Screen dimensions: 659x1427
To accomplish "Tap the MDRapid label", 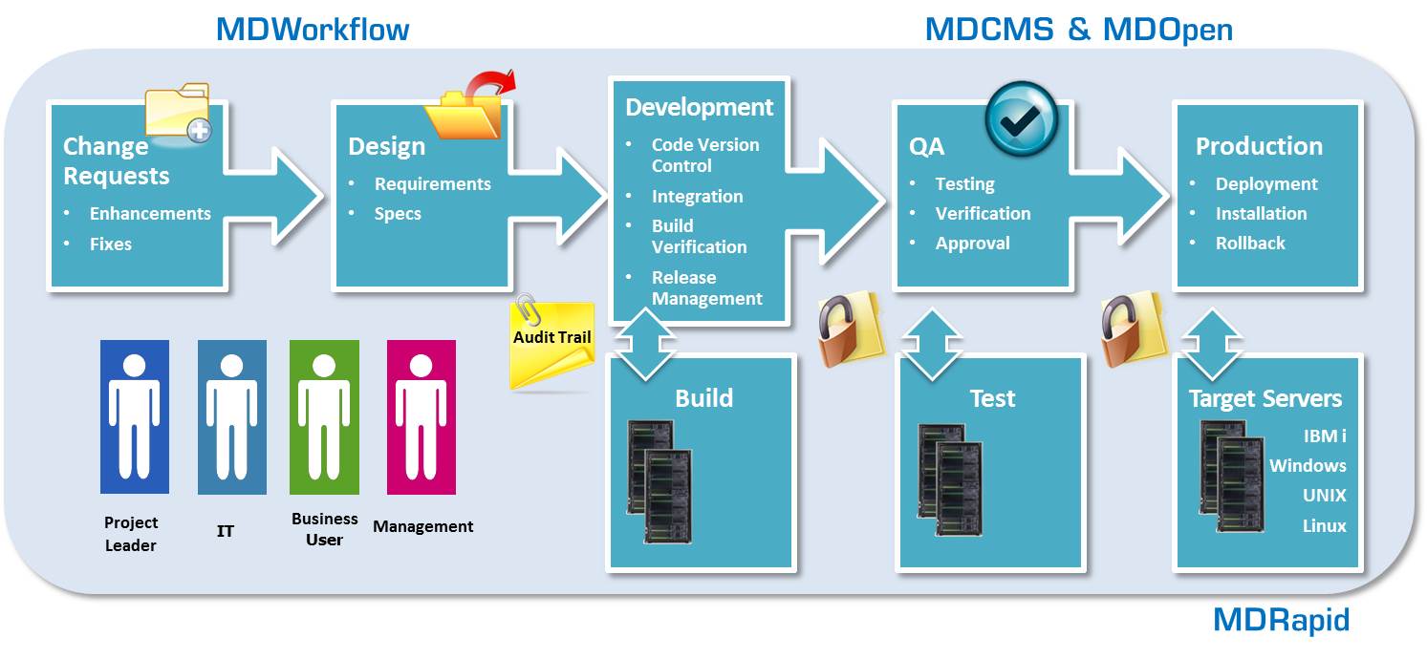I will [1281, 620].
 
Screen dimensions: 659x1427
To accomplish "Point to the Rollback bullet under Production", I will [1249, 244].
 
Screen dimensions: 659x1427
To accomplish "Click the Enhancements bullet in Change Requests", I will [150, 214].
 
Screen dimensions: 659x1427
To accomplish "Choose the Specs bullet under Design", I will [398, 214].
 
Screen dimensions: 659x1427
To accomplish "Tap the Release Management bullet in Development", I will [706, 288].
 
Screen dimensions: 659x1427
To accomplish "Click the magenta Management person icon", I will [422, 416].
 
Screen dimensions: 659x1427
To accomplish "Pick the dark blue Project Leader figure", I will [134, 416].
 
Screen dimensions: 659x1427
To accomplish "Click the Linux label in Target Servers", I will [1324, 526].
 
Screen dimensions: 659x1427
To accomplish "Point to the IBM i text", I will [1325, 436].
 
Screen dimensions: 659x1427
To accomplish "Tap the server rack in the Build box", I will [659, 481].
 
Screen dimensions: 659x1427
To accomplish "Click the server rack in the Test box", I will [950, 481].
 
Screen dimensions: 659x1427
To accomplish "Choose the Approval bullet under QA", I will [972, 244].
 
